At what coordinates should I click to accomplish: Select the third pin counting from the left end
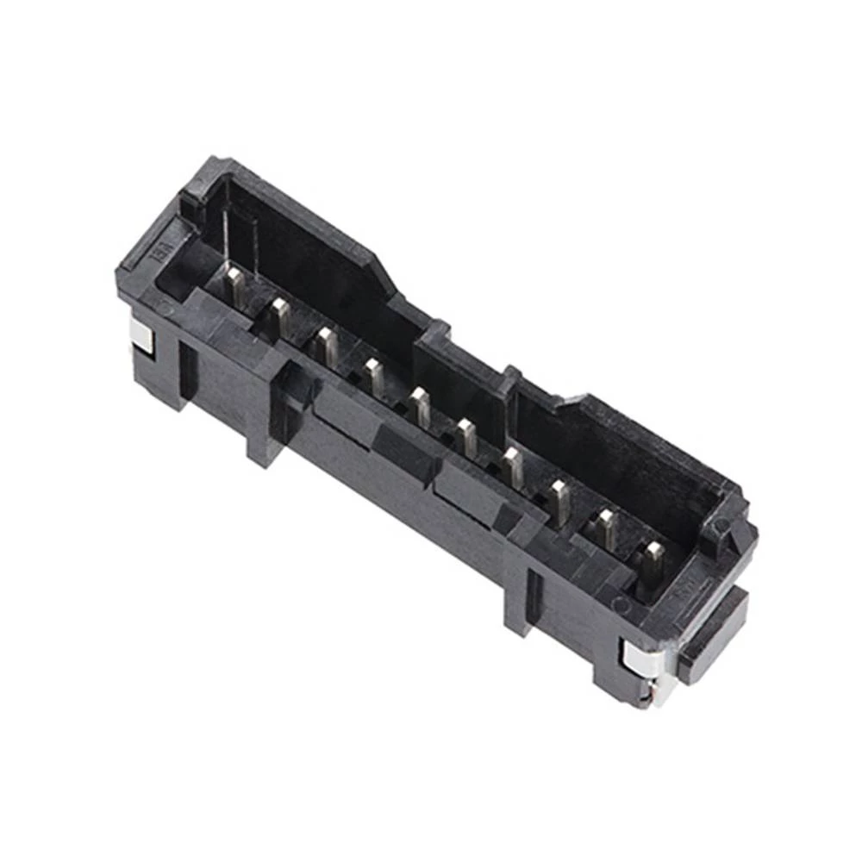[x=327, y=344]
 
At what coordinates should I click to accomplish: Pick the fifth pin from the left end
[x=420, y=405]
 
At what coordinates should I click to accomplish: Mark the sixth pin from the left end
[x=466, y=436]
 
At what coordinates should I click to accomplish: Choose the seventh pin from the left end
[x=513, y=466]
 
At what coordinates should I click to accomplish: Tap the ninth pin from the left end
[x=607, y=528]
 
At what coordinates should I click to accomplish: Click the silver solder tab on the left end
[x=141, y=334]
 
